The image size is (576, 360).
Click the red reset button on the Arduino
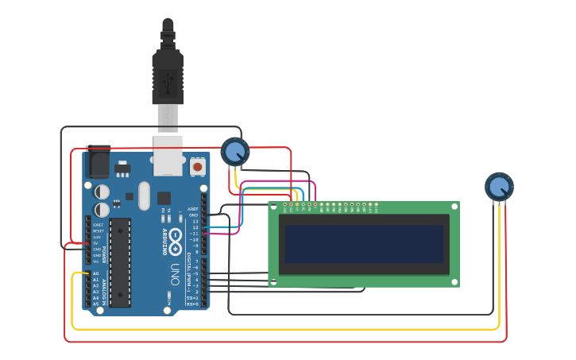pos(197,167)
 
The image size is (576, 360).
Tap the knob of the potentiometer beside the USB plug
pos(235,151)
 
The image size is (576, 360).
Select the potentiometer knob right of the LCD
pos(499,187)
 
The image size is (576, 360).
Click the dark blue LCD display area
pos(364,244)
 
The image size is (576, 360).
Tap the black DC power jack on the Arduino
pos(98,163)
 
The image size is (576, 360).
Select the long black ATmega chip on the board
pos(120,262)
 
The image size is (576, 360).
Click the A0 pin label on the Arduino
pos(95,273)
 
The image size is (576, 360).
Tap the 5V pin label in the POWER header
pos(96,242)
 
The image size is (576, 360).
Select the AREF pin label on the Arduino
pos(193,209)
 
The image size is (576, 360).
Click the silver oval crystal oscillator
pos(144,195)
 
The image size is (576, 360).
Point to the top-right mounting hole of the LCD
pos(454,207)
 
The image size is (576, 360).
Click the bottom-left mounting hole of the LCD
pos(273,281)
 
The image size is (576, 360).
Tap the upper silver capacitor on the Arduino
pos(102,192)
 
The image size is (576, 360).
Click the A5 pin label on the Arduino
pos(95,304)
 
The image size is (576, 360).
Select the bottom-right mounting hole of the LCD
pos(454,281)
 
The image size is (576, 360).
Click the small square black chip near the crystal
pos(164,198)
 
